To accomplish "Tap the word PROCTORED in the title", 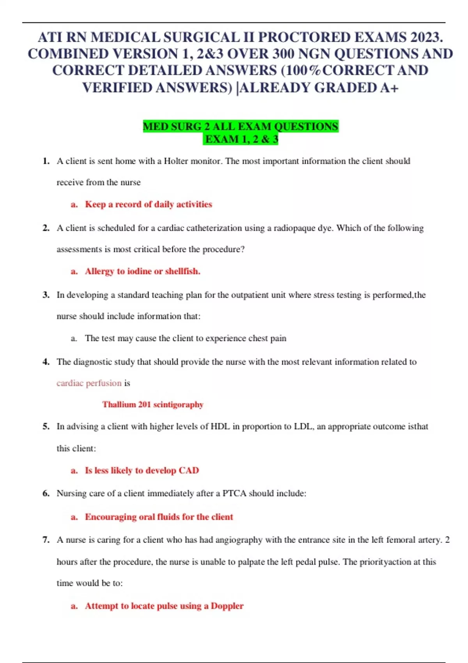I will point(304,37).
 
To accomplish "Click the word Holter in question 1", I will point(176,161).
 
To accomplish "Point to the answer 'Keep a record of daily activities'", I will point(148,204).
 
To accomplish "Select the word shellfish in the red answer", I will point(182,271).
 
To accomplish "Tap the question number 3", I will point(46,295).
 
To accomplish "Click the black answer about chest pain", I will point(185,338).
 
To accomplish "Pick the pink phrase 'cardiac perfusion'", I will point(89,383).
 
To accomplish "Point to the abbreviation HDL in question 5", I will point(220,426).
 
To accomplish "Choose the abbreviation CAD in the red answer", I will point(189,470).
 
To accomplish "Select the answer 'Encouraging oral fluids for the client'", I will point(159,517).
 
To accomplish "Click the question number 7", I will point(46,540).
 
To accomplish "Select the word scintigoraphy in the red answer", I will point(178,404).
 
